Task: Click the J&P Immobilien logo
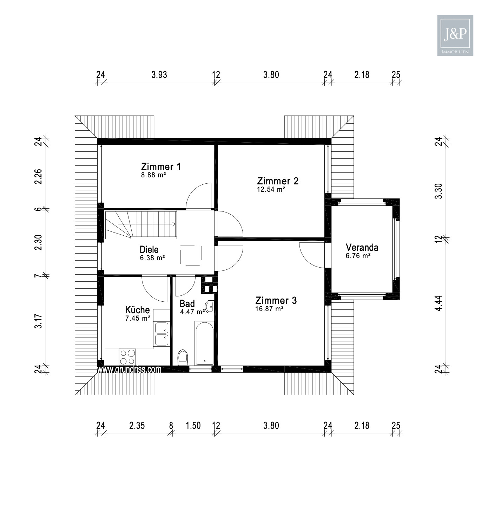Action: click(x=455, y=35)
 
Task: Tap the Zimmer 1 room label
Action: click(x=161, y=166)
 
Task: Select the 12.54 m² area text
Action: click(x=271, y=190)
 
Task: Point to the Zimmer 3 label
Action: click(x=276, y=301)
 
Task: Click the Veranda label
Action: click(x=362, y=248)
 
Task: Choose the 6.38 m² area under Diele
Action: click(x=152, y=258)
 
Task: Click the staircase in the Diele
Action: click(x=140, y=225)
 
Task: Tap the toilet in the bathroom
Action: click(x=183, y=358)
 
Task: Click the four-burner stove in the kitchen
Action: click(x=127, y=357)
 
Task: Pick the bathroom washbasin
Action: click(x=210, y=307)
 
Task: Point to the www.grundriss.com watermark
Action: click(x=129, y=369)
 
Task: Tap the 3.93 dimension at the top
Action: click(x=159, y=75)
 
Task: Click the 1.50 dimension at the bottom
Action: click(x=193, y=426)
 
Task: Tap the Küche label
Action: click(x=137, y=310)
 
